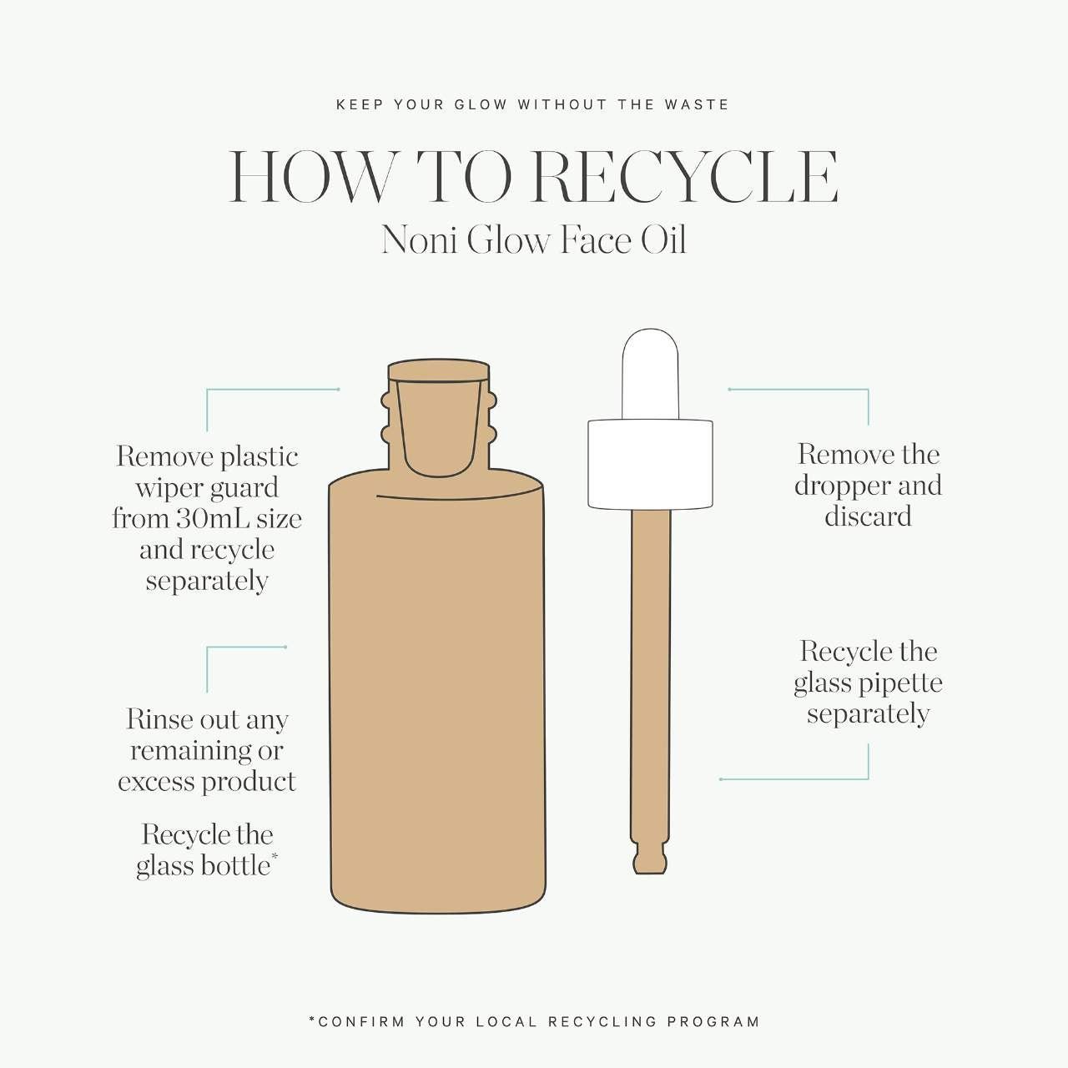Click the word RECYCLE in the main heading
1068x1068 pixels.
(684, 177)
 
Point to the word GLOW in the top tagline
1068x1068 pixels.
(481, 105)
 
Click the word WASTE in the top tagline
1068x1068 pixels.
(697, 105)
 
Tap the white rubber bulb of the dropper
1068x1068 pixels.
(650, 374)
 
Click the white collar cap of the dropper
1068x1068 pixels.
(650, 465)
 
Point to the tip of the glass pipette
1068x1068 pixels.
(649, 869)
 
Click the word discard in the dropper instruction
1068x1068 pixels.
(868, 516)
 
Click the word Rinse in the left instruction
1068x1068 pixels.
(158, 719)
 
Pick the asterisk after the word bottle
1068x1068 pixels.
(275, 858)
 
